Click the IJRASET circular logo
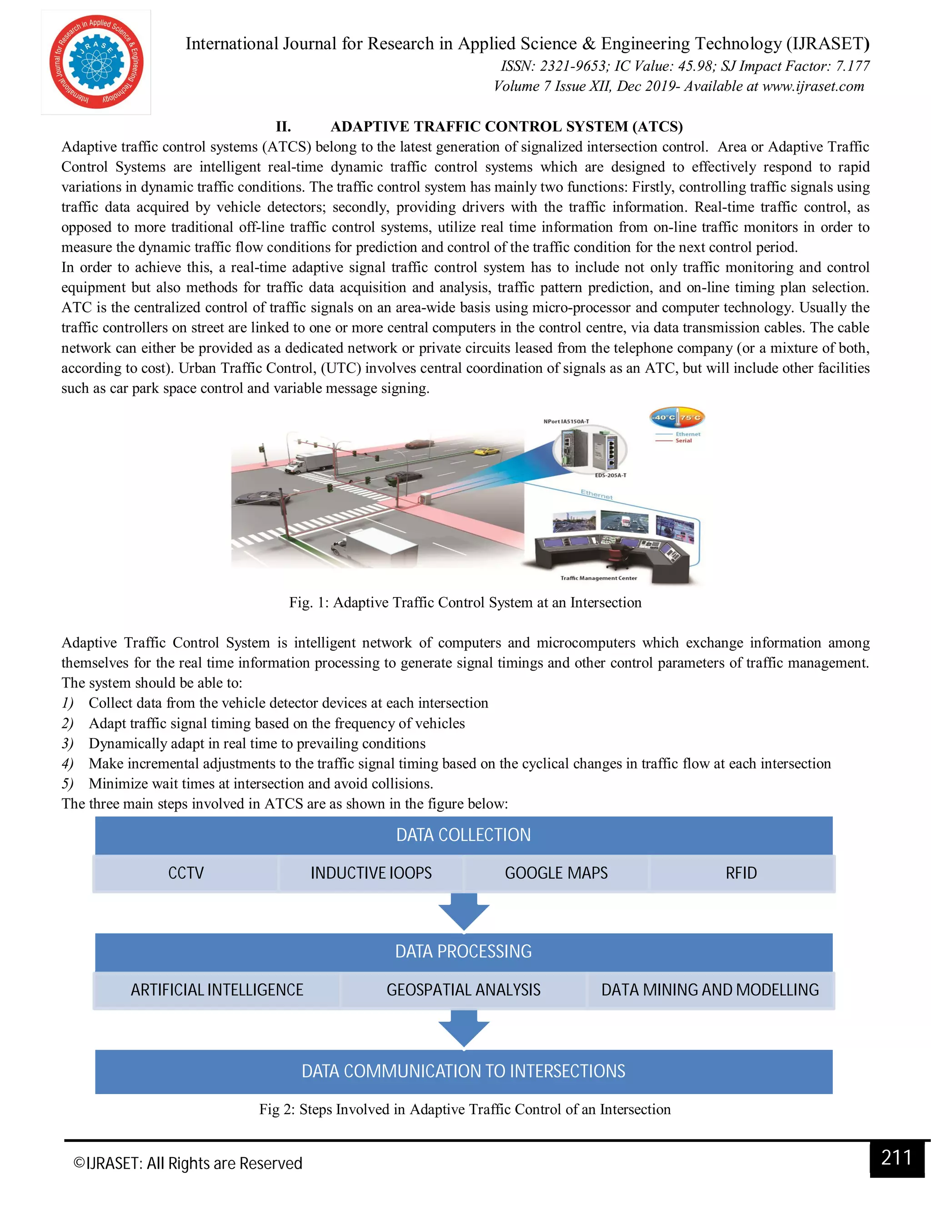point(96,62)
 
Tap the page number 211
point(896,1158)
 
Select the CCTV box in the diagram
point(186,873)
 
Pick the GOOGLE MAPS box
point(556,873)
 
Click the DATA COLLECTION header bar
point(463,835)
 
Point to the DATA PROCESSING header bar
point(463,951)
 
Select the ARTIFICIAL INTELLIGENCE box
point(217,990)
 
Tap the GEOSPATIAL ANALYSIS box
point(463,990)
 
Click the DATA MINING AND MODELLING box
point(710,990)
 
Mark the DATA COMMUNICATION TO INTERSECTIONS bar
point(463,1071)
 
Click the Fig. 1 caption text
point(465,602)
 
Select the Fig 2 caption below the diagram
point(465,1109)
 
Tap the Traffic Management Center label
point(598,578)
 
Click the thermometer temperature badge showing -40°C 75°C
point(677,418)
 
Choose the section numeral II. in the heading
point(284,127)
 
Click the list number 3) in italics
point(67,744)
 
